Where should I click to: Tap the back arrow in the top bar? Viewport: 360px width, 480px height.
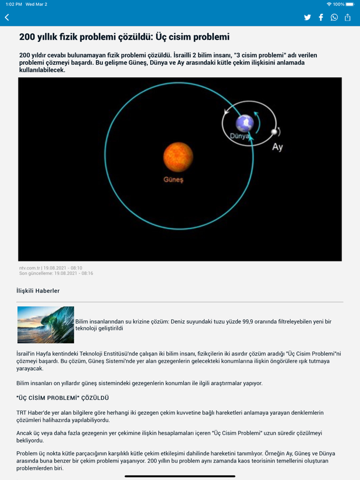coord(7,17)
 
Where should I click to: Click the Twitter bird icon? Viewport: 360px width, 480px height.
coord(308,17)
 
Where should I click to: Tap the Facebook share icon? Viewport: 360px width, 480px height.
coord(321,17)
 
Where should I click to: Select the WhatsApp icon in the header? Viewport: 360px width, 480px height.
coord(334,17)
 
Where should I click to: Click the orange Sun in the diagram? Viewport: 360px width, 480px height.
coord(178,157)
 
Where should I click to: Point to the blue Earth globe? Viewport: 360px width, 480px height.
coord(245,123)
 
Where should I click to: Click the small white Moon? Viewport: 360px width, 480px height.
coord(275,132)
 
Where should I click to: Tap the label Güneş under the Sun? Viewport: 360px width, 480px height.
coord(173,180)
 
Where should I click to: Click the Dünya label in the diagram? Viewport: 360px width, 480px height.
coord(239,137)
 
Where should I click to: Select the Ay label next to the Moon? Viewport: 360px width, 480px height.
coord(277,147)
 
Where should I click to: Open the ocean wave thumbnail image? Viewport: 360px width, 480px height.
coord(46,325)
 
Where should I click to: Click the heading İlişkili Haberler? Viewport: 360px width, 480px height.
coord(38,291)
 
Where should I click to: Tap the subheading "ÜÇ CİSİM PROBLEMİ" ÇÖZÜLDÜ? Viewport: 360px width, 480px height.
coord(63,398)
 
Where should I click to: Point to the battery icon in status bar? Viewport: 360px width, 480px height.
coord(350,4)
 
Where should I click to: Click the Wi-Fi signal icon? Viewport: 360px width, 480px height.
coord(329,4)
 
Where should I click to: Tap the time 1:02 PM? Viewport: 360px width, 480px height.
coord(14,4)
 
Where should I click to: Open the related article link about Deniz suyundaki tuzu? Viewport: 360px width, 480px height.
coord(203,325)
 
